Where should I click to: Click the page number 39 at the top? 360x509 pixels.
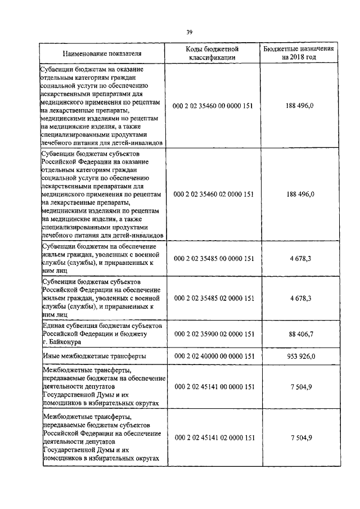click(x=189, y=31)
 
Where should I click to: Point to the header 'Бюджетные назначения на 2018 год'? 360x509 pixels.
click(x=299, y=53)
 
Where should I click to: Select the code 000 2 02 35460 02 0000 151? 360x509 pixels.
click(x=214, y=194)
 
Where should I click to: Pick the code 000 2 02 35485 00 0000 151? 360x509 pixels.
click(x=214, y=259)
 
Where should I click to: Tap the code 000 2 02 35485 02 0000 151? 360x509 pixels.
click(x=214, y=298)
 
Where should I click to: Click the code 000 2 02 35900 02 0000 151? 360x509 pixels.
click(x=214, y=334)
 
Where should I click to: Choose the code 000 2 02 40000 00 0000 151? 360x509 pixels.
click(x=214, y=357)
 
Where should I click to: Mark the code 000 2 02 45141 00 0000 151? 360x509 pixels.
click(x=214, y=387)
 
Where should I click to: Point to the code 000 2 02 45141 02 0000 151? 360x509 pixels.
click(x=214, y=437)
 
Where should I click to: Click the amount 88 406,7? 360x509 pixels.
click(x=301, y=334)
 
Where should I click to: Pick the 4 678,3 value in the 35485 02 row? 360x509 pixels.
click(x=301, y=298)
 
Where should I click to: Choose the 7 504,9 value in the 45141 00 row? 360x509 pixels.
click(x=301, y=387)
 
